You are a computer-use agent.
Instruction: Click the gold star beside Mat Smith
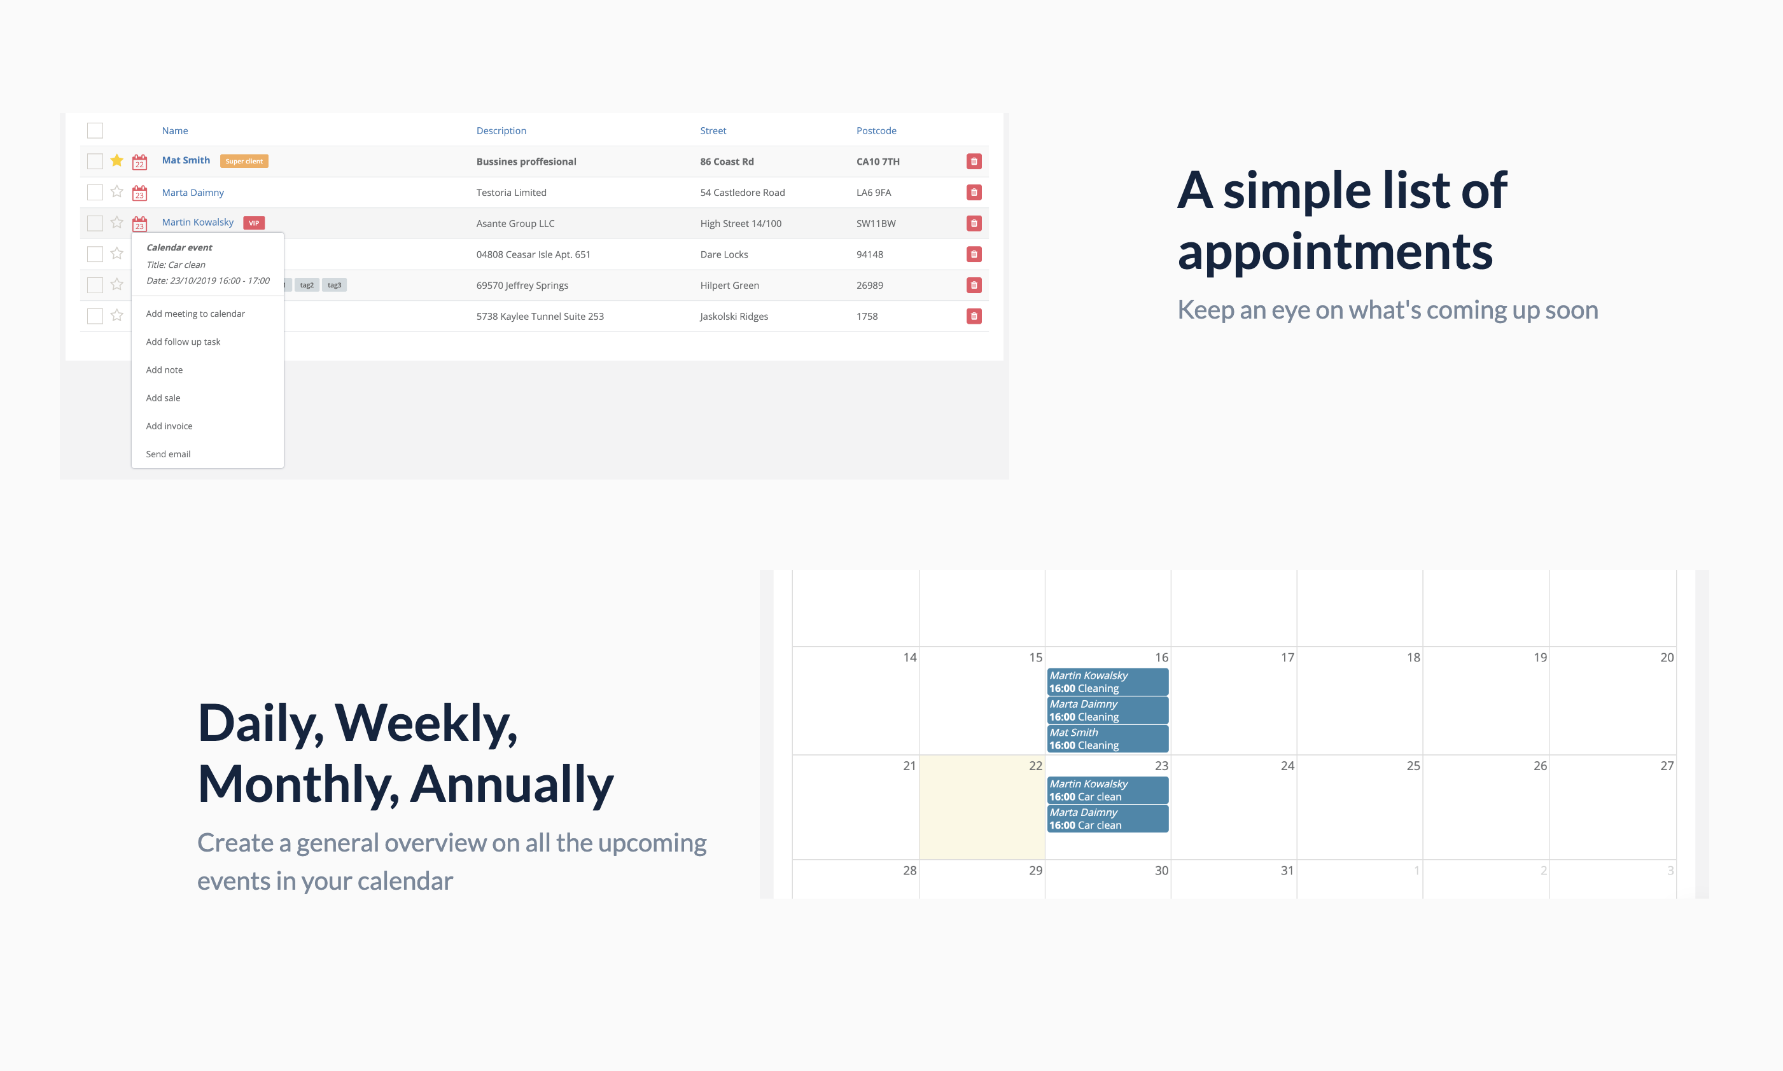[117, 160]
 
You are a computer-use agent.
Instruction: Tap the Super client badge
[244, 161]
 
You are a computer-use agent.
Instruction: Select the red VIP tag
[254, 223]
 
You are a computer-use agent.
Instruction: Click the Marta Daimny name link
[193, 193]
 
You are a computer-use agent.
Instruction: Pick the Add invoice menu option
[169, 427]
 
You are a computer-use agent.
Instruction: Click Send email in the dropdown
[168, 455]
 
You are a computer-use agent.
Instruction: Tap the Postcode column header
[876, 130]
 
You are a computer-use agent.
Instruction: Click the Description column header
[501, 130]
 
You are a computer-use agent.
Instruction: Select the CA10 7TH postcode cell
[878, 162]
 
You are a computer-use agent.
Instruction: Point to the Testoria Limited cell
[511, 193]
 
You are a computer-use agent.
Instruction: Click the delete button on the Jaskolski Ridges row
[974, 316]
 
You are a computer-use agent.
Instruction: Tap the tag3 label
[334, 285]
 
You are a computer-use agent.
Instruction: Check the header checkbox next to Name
[95, 130]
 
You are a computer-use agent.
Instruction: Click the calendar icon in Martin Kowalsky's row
[139, 224]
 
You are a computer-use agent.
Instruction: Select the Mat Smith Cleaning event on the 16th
[1107, 739]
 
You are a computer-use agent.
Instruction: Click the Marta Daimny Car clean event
[1107, 819]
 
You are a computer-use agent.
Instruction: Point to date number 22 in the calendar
[1035, 766]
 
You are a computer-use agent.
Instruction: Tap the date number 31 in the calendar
[1287, 871]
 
